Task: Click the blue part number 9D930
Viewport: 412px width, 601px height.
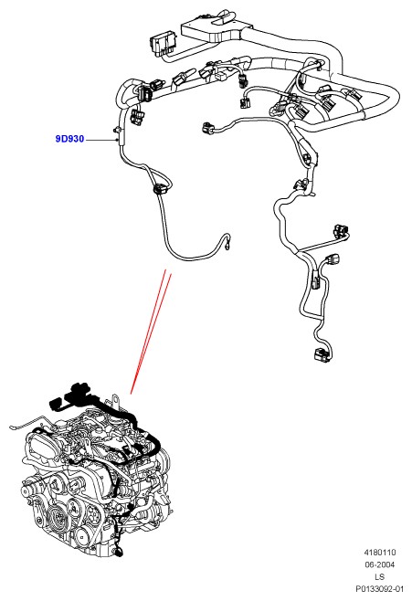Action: [69, 139]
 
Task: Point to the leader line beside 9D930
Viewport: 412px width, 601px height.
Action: [101, 140]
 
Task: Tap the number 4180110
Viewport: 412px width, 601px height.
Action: [379, 553]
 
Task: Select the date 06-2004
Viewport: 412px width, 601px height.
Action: [379, 564]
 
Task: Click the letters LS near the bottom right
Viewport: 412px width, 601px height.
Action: [379, 577]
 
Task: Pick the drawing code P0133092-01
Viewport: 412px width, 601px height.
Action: [379, 589]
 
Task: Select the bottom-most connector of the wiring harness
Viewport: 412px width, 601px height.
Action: [322, 355]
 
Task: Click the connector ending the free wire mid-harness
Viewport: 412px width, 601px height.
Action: [207, 128]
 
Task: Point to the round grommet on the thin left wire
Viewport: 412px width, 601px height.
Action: [160, 189]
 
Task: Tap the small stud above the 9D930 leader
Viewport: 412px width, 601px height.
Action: [117, 129]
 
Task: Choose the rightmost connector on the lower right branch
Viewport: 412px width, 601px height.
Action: [342, 230]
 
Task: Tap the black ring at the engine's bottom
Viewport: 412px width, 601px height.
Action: [119, 553]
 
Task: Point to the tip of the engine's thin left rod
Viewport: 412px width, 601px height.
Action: [13, 427]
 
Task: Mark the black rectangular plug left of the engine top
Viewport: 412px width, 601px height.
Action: [55, 404]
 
